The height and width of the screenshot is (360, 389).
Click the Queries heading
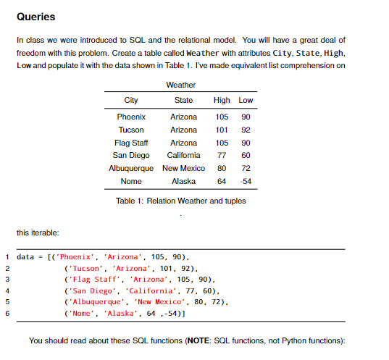tap(35, 16)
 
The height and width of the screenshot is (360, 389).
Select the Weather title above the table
tap(180, 85)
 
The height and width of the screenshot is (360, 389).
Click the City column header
tap(131, 100)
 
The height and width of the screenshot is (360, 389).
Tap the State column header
tap(183, 100)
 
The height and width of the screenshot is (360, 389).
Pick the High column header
tap(222, 100)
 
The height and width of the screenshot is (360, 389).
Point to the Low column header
tap(246, 100)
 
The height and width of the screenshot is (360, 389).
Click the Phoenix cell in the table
tap(131, 117)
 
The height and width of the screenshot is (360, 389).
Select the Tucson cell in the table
tap(131, 130)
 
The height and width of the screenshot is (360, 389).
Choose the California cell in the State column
tap(183, 155)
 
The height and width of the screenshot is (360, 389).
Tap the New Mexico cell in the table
tap(183, 168)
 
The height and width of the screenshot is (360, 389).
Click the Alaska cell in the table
tap(183, 181)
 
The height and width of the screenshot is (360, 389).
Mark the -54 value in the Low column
tap(246, 181)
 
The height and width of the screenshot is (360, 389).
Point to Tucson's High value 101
tap(222, 130)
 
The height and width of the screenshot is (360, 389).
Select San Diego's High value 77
tap(222, 155)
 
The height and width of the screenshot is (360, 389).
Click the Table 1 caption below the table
tap(181, 201)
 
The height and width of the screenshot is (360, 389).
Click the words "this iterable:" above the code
tap(36, 232)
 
